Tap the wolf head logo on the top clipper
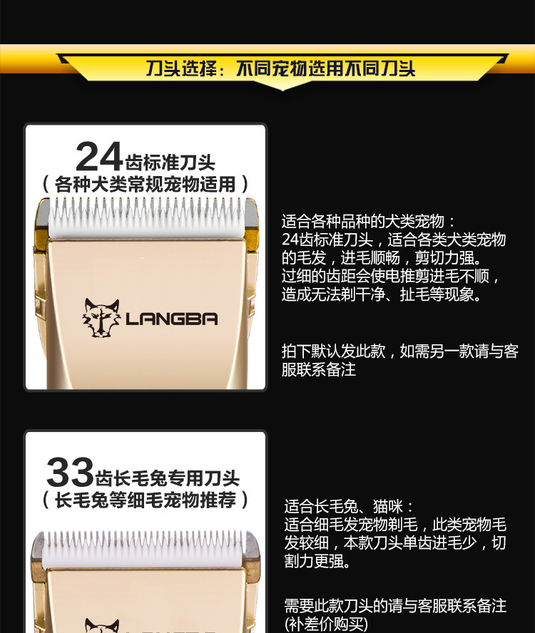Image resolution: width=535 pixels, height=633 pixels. click(x=101, y=317)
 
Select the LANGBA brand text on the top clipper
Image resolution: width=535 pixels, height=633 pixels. click(x=171, y=319)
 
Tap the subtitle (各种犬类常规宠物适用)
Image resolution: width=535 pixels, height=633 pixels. click(x=146, y=184)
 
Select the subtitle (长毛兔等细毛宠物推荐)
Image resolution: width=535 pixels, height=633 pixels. click(x=146, y=500)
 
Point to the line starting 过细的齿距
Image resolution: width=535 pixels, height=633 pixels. click(x=391, y=276)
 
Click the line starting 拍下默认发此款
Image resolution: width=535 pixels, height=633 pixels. click(x=399, y=351)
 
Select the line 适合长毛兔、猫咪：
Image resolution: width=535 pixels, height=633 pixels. click(x=349, y=507)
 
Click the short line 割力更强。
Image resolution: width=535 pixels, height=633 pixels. click(x=317, y=562)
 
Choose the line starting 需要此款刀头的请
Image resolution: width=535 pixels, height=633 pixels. click(x=395, y=606)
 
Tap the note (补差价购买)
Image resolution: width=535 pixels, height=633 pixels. click(x=326, y=624)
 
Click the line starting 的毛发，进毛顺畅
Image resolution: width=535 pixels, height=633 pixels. click(x=382, y=257)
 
